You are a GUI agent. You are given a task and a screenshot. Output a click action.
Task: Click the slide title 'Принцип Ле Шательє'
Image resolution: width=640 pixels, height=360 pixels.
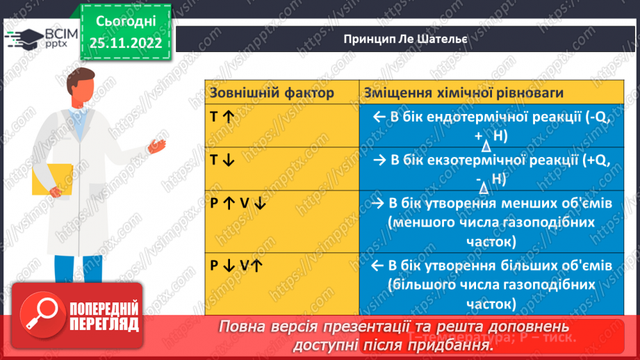[x=404, y=39]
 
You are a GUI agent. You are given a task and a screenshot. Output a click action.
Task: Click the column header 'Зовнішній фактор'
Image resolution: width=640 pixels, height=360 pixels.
[x=272, y=92]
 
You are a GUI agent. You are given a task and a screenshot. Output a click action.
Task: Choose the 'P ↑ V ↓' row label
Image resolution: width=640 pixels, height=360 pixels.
[x=238, y=203]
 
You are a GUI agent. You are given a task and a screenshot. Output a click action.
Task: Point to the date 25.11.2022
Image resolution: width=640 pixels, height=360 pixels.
[x=125, y=43]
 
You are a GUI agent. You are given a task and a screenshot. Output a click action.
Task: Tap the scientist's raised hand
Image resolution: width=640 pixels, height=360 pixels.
[x=158, y=144]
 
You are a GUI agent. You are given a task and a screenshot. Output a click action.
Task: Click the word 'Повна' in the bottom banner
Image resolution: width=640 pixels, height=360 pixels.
[x=240, y=326]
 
